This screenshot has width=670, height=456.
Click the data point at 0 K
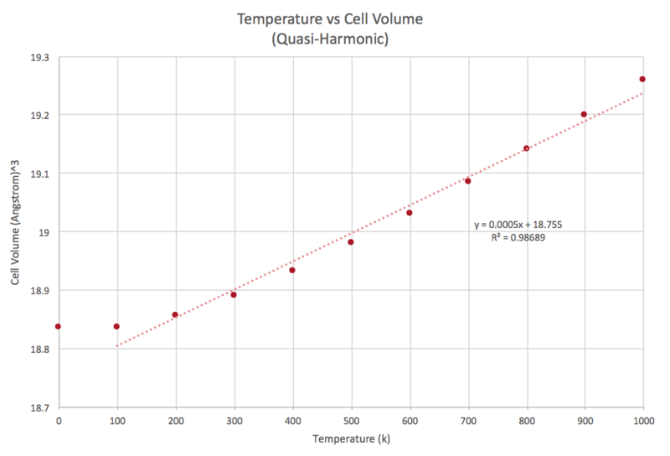pyautogui.click(x=58, y=326)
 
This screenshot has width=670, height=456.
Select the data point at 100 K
pyautogui.click(x=116, y=326)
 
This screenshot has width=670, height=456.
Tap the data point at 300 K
pyautogui.click(x=234, y=294)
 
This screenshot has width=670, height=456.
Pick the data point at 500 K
pyautogui.click(x=351, y=242)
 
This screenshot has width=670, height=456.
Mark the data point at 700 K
pyautogui.click(x=468, y=181)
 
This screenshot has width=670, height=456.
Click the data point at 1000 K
pyautogui.click(x=642, y=79)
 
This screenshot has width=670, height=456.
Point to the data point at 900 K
pyautogui.click(x=584, y=114)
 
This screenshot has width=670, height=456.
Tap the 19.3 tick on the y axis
pyautogui.click(x=39, y=57)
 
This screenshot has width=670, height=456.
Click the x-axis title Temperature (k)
pyautogui.click(x=350, y=438)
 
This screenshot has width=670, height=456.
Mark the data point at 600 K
pyautogui.click(x=410, y=213)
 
